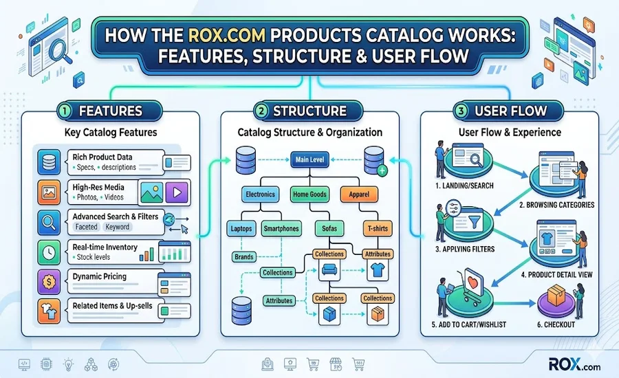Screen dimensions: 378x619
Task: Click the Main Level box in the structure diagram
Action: point(311,160)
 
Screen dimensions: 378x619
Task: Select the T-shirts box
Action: point(377,228)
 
